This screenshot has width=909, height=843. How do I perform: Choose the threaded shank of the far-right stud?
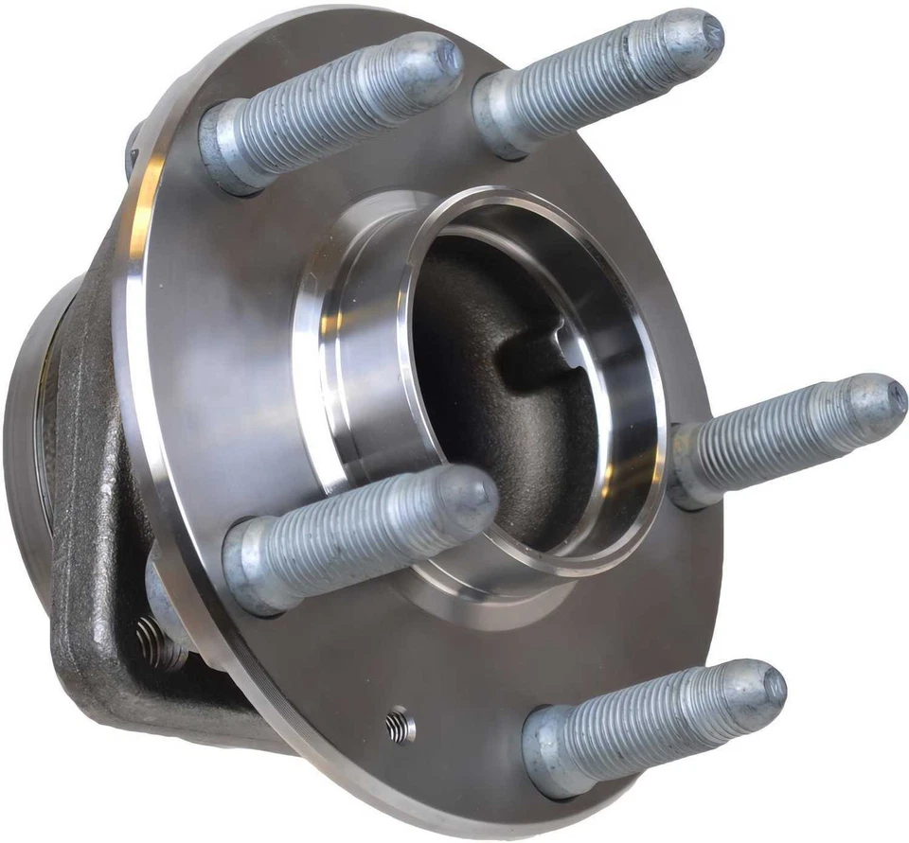point(786,430)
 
